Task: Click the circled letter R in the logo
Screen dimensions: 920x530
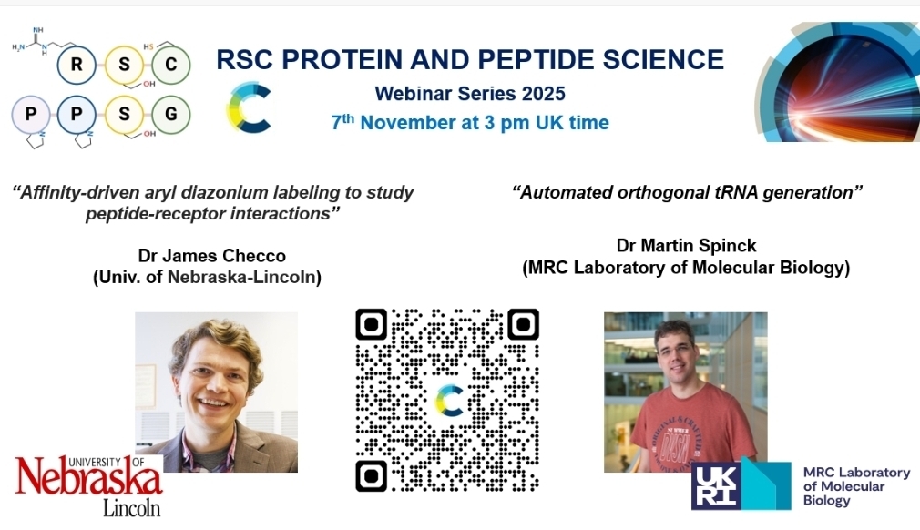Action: point(77,65)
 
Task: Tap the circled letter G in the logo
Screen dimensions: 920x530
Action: point(170,114)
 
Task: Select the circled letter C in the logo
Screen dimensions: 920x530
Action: point(170,65)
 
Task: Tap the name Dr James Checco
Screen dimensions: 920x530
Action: point(212,256)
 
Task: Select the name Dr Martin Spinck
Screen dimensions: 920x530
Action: point(686,245)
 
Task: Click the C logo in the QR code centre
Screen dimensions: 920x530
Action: point(449,401)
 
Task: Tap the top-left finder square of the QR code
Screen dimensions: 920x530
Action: point(372,324)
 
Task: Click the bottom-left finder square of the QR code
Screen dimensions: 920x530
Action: point(372,475)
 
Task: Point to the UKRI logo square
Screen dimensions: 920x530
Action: point(741,484)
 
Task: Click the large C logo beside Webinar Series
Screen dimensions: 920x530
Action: point(249,107)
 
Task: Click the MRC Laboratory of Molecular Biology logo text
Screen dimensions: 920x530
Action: point(856,486)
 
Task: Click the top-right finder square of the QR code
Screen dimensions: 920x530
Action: point(524,324)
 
